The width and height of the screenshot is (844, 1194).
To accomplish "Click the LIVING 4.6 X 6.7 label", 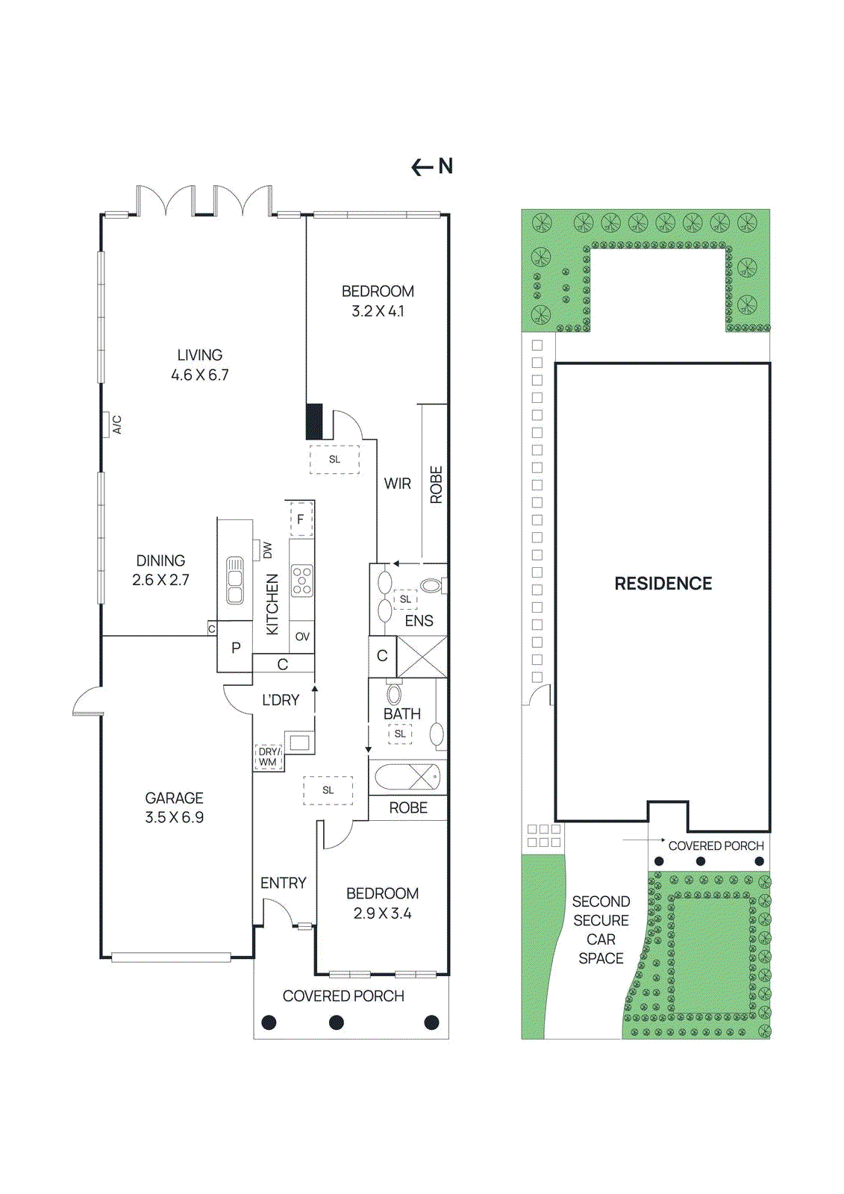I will click(x=200, y=365).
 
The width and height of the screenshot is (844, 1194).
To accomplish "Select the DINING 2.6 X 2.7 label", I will click(x=160, y=570).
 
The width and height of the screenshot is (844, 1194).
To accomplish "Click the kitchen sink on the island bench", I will click(x=235, y=581).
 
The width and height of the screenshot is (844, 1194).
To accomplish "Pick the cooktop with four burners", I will click(x=302, y=581).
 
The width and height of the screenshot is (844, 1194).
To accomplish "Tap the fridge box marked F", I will click(x=301, y=519).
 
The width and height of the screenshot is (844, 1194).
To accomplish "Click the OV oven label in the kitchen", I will click(x=302, y=637).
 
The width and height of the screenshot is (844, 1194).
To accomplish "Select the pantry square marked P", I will click(x=236, y=648).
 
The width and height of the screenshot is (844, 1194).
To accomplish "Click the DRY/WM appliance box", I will click(x=269, y=757).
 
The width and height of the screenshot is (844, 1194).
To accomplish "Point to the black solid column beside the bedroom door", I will click(x=315, y=422).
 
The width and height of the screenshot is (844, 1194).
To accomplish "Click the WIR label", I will click(x=397, y=484).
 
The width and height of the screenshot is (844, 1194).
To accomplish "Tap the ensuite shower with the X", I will click(x=422, y=657).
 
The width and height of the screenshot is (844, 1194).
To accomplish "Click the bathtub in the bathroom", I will click(x=407, y=778).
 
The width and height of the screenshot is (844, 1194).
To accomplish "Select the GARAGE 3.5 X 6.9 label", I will click(x=175, y=807).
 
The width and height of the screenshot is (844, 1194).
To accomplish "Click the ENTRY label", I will click(x=283, y=883).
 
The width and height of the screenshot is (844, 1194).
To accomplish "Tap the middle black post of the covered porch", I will click(x=337, y=1022).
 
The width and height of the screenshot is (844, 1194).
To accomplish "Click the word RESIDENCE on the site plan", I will click(x=663, y=584).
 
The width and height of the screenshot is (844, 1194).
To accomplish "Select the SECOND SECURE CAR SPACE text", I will click(x=601, y=930).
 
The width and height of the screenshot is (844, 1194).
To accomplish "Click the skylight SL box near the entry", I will click(x=328, y=790).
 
